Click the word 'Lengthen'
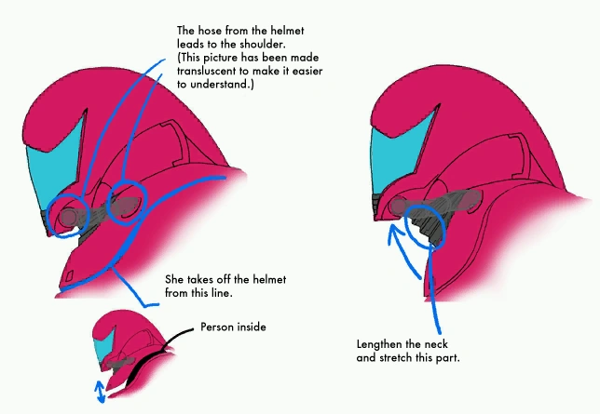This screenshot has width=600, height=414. [x=378, y=344]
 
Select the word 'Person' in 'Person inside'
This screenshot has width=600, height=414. [x=217, y=327]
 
